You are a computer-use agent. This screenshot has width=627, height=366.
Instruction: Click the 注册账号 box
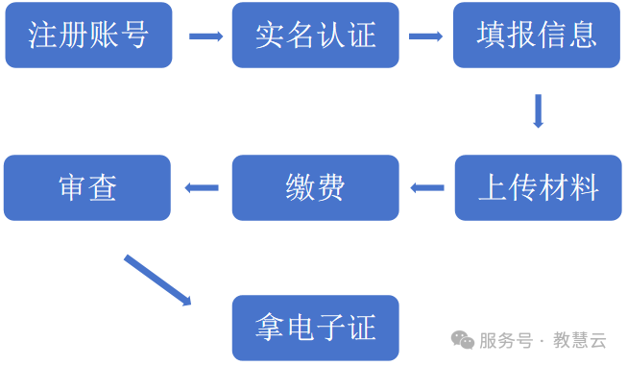pyautogui.click(x=88, y=36)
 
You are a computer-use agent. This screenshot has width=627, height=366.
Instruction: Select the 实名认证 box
pyautogui.click(x=315, y=36)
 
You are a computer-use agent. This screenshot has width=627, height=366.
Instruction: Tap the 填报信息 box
pyautogui.click(x=537, y=36)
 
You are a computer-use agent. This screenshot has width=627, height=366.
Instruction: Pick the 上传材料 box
pyautogui.click(x=538, y=187)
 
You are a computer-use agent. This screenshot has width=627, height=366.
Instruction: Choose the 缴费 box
pyautogui.click(x=315, y=187)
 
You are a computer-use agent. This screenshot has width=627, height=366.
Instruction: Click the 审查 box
pyautogui.click(x=87, y=187)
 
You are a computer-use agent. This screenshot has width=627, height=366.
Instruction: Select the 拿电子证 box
pyautogui.click(x=315, y=328)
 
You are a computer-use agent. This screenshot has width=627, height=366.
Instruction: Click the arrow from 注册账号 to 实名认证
pyautogui.click(x=205, y=37)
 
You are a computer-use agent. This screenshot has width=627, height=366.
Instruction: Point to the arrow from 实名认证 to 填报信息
pyautogui.click(x=425, y=37)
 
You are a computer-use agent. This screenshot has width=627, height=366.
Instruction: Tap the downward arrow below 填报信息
pyautogui.click(x=538, y=110)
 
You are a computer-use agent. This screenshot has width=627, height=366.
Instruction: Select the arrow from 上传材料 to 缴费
pyautogui.click(x=426, y=187)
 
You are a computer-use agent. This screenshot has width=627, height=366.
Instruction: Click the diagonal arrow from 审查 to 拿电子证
pyautogui.click(x=157, y=281)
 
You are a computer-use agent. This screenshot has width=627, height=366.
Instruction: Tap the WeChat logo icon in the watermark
pyautogui.click(x=463, y=340)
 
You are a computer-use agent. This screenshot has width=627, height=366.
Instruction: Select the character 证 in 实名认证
pyautogui.click(x=360, y=36)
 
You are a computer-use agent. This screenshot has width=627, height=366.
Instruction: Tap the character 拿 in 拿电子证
pyautogui.click(x=270, y=328)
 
